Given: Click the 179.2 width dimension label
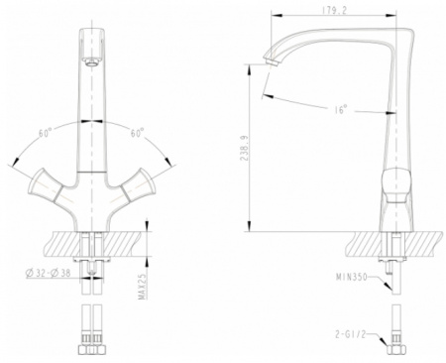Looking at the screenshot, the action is pos(334,11).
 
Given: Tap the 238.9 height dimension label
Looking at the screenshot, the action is pos(244,148).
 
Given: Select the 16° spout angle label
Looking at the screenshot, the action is pos(341,109).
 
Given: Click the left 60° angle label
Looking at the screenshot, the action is pos(46,133).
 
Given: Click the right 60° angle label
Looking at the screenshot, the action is pos(137,133).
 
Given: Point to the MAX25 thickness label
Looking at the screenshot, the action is pos(143,287).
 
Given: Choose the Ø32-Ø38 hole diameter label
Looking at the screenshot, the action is pos(48,273).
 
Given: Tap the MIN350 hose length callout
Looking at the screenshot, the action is pos(352,277).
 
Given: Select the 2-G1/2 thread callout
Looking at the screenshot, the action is pos(351,334).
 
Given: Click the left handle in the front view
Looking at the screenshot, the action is pos(45,185).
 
